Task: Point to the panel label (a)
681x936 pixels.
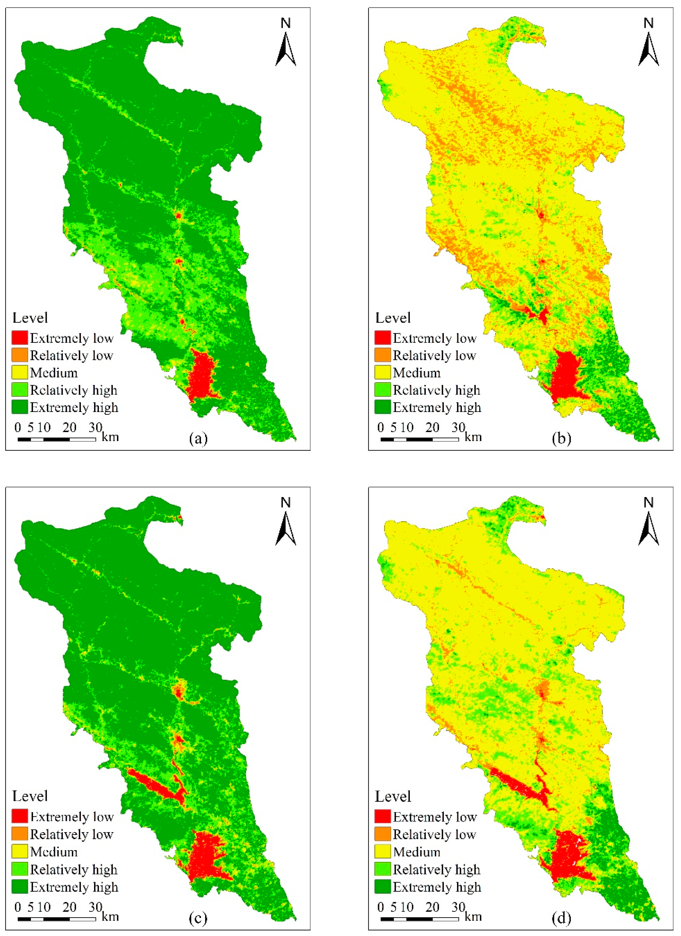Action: tap(198, 439)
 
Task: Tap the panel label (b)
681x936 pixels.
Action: tap(561, 439)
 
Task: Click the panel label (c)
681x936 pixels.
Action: tap(198, 918)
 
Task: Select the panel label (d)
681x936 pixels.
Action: tap(561, 918)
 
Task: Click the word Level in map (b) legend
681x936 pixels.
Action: tap(393, 318)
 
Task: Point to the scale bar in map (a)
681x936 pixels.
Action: tap(57, 439)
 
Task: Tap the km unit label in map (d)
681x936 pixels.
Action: tap(473, 917)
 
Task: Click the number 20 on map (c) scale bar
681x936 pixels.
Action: tap(69, 907)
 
